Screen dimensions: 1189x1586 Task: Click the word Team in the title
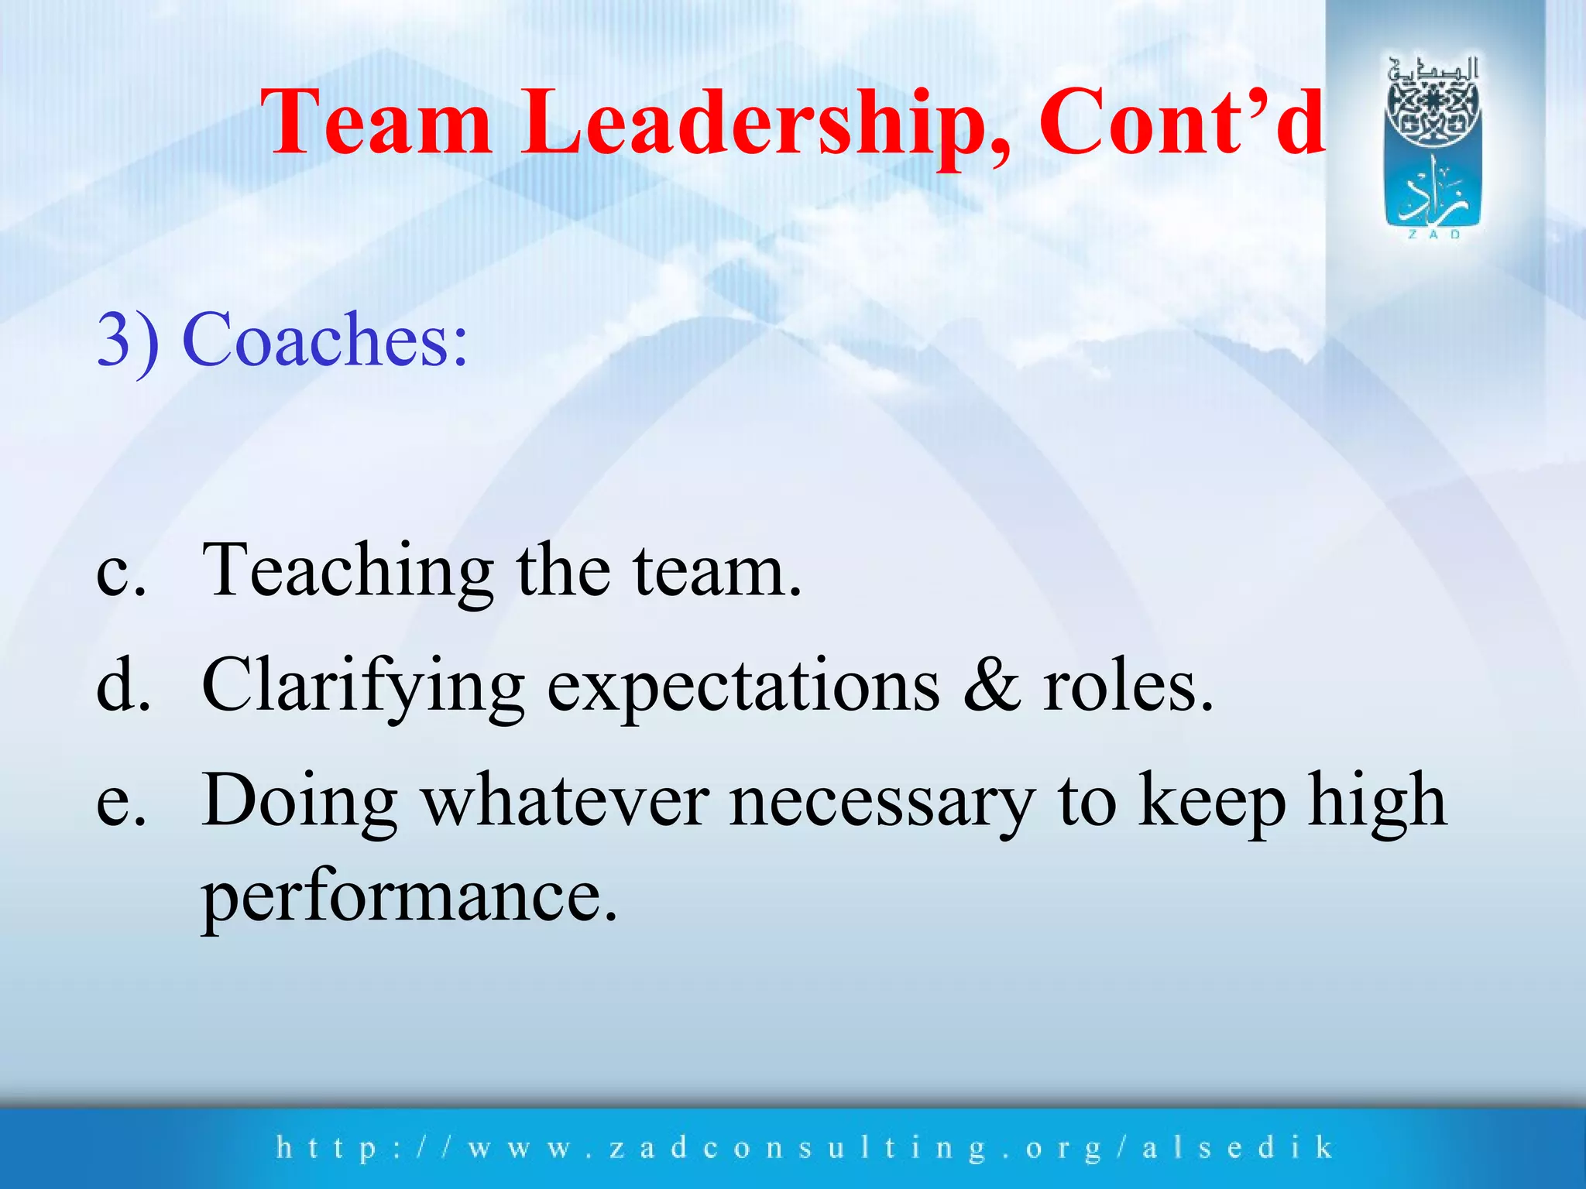pyautogui.click(x=377, y=122)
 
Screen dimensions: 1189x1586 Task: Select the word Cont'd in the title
pyautogui.click(x=1181, y=122)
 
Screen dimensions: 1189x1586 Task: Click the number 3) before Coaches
pyautogui.click(x=128, y=341)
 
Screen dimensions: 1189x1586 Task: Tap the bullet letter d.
pyautogui.click(x=122, y=686)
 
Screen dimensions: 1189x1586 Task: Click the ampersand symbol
pyautogui.click(x=992, y=686)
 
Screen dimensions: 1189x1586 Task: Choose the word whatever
pyautogui.click(x=565, y=802)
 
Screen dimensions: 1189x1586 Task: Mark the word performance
pyautogui.click(x=409, y=898)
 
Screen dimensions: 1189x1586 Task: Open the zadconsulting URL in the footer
pyautogui.click(x=805, y=1147)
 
